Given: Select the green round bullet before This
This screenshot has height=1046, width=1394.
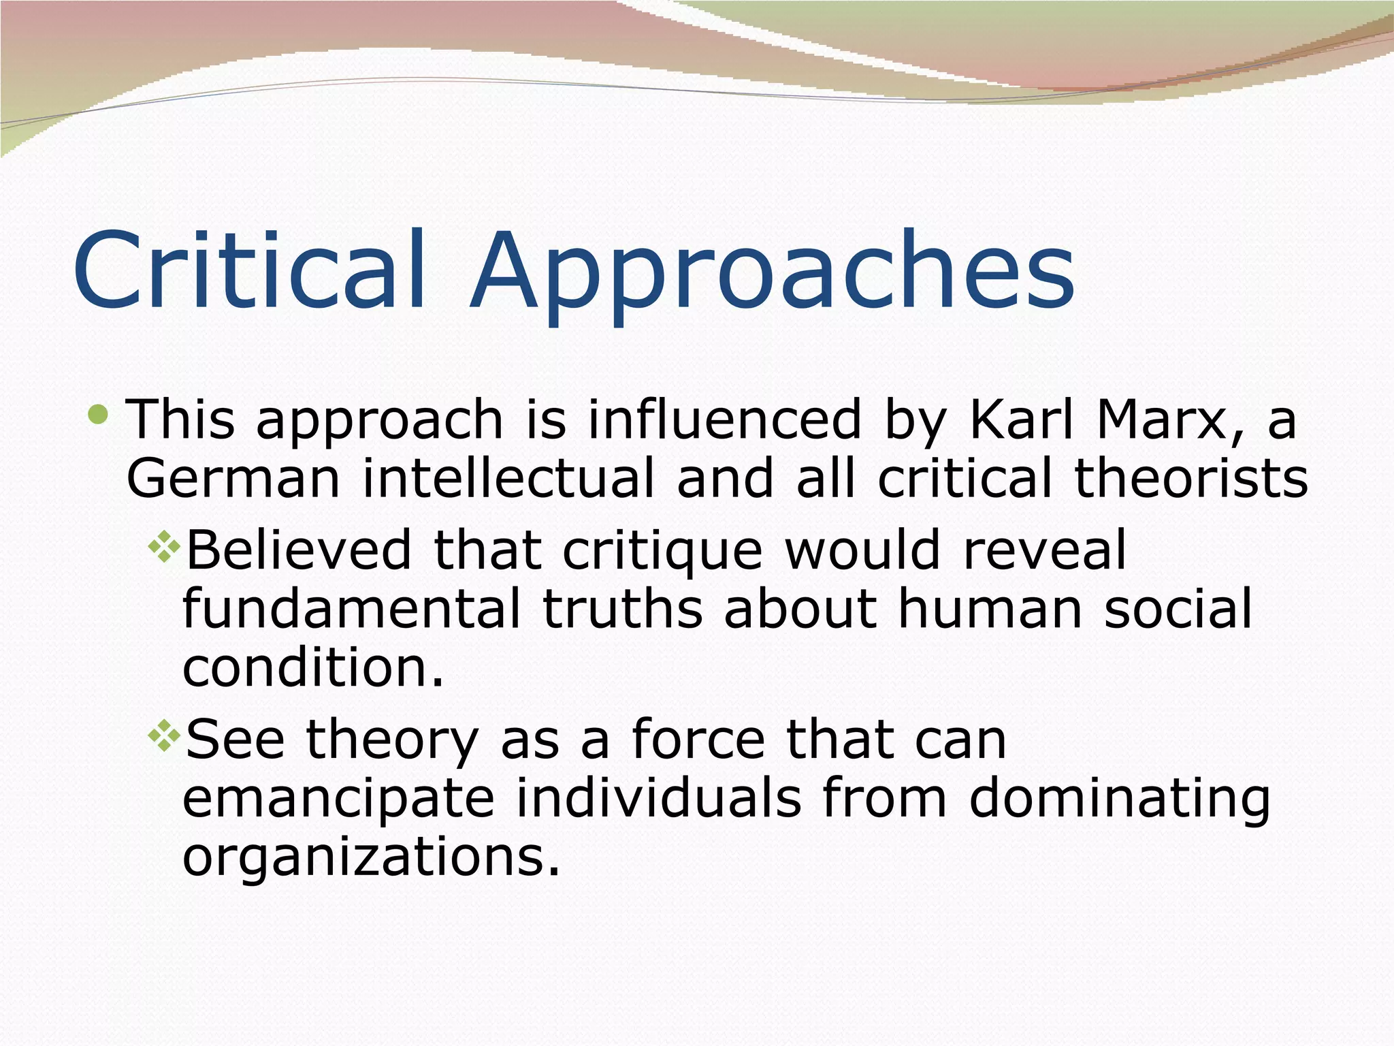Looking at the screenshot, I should (99, 413).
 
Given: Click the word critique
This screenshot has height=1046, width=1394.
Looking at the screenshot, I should (662, 550).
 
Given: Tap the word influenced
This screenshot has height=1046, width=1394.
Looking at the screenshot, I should (724, 419).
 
